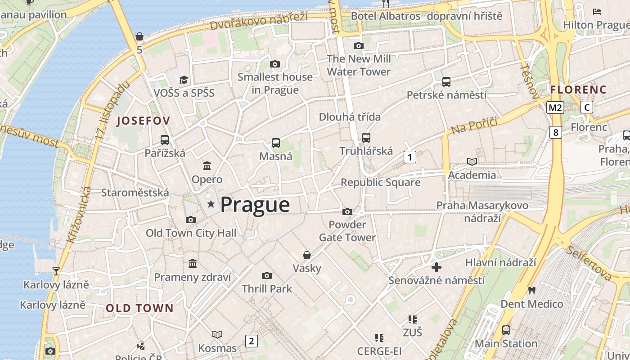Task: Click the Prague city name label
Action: [255, 205]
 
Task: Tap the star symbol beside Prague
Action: [211, 204]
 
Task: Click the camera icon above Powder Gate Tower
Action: [347, 211]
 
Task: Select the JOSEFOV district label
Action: [144, 121]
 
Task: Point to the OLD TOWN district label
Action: [139, 308]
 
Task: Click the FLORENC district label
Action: [578, 90]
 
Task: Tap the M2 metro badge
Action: [555, 108]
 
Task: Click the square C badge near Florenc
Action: [587, 107]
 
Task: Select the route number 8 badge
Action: [556, 132]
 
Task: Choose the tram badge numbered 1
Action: [409, 157]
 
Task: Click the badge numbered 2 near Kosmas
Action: [251, 341]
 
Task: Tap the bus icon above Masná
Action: [275, 143]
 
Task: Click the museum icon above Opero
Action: [207, 166]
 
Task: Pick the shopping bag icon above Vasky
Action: [307, 255]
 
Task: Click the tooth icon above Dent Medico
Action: [531, 291]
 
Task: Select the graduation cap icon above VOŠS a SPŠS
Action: [184, 80]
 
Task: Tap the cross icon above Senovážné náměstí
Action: [436, 267]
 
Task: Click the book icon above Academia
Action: [472, 162]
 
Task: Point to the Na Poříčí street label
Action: [474, 125]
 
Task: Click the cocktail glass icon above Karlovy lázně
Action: [56, 271]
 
